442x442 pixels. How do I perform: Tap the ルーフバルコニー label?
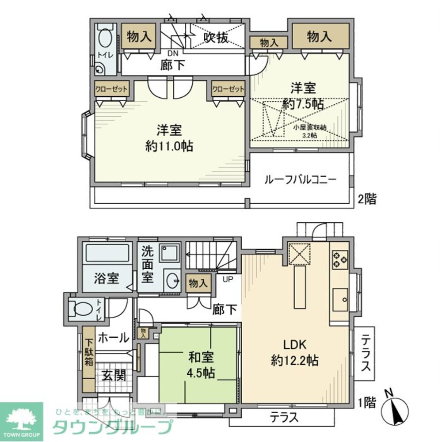tap(300, 180)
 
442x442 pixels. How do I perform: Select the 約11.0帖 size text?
tap(169, 146)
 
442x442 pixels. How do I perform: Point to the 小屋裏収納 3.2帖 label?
tap(310, 131)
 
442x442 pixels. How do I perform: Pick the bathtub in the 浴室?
tap(107, 254)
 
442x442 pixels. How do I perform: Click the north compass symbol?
tap(393, 409)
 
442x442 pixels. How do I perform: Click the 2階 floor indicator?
tap(367, 199)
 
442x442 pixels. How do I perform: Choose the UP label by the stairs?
tap(228, 279)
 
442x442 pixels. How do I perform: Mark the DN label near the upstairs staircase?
tap(173, 53)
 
